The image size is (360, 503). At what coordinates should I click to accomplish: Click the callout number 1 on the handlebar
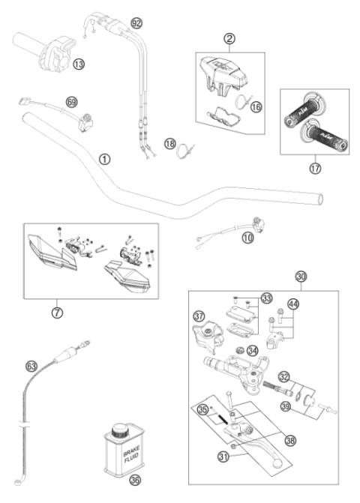(104, 159)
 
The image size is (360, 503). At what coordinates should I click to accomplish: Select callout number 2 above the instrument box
(230, 37)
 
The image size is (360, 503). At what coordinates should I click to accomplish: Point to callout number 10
(247, 238)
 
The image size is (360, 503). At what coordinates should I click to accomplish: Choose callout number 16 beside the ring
(255, 108)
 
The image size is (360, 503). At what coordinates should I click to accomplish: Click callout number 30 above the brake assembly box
(301, 277)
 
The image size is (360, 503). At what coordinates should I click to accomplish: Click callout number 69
(71, 100)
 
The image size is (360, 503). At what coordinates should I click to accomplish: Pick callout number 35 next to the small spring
(202, 409)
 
